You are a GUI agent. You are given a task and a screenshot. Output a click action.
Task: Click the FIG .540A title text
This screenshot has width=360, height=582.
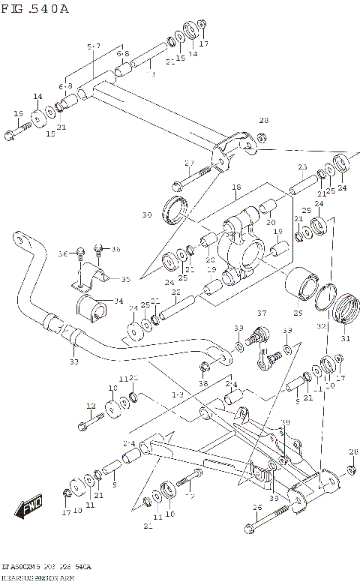(35, 9)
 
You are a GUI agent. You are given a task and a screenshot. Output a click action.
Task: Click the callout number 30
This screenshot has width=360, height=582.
(147, 215)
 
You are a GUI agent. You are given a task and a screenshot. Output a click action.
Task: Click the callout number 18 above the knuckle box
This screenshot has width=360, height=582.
(235, 187)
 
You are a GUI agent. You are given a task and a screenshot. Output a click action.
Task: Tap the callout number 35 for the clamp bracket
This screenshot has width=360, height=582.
(125, 279)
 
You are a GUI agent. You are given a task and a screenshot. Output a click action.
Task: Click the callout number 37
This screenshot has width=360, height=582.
(262, 313)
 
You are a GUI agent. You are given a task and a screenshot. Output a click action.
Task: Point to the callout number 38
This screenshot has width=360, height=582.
(203, 383)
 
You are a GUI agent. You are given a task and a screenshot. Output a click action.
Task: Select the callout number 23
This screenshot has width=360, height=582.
(302, 166)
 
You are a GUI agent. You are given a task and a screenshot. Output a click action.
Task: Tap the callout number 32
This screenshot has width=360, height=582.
(321, 326)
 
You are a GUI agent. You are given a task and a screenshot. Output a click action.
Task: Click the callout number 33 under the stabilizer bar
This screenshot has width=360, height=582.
(73, 361)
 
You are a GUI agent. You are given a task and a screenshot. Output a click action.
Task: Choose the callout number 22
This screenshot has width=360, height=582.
(175, 292)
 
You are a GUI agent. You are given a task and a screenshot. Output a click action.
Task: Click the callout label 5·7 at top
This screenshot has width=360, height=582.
(93, 46)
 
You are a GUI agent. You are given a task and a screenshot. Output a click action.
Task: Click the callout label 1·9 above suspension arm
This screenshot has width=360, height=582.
(177, 394)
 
